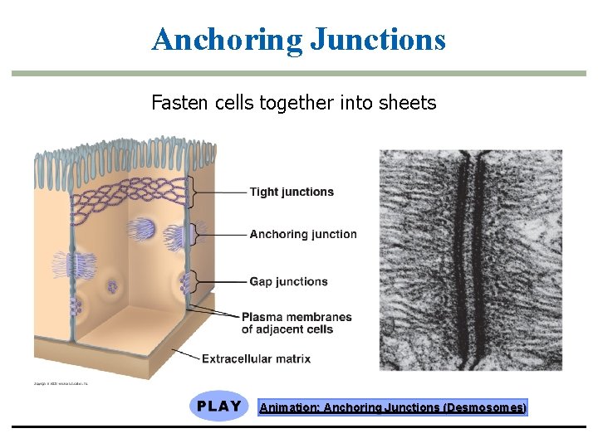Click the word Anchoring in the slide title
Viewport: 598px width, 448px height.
[227, 39]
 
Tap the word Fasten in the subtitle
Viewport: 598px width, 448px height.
[176, 103]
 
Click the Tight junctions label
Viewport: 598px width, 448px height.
[292, 192]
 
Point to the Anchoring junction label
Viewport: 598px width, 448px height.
[303, 234]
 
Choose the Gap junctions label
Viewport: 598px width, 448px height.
[288, 281]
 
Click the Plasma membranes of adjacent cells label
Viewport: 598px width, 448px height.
[297, 323]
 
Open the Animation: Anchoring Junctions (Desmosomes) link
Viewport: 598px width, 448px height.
[392, 407]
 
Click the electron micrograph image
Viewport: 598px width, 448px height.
[471, 260]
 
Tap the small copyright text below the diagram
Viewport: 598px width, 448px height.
[61, 384]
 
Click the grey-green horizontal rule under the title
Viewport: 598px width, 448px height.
[299, 74]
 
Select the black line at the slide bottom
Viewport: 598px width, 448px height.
[299, 427]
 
